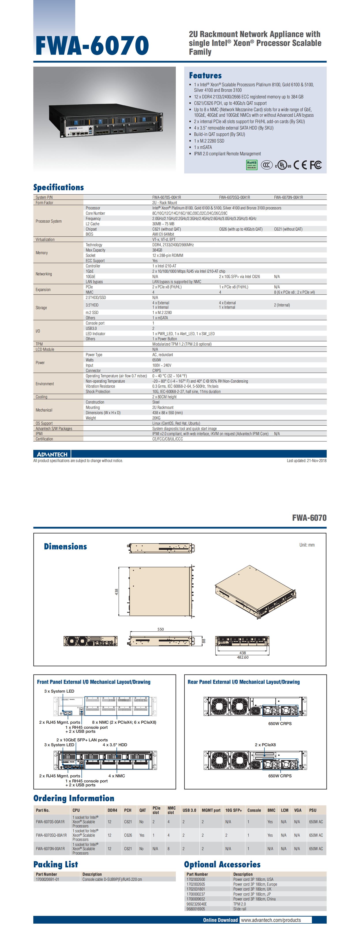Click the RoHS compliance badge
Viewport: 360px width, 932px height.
[251, 165]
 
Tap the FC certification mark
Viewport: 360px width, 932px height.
[315, 165]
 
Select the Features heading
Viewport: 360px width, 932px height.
[205, 75]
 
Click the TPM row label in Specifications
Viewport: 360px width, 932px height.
[39, 344]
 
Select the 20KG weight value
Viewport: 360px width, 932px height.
[156, 418]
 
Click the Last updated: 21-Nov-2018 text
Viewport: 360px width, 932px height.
[306, 460]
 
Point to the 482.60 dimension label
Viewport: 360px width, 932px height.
[242, 657]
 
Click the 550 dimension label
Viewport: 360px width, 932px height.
[160, 629]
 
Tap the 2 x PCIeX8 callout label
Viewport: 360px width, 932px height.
[265, 745]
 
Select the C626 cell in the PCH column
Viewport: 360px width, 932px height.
[128, 835]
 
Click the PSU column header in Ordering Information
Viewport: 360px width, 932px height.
[313, 810]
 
